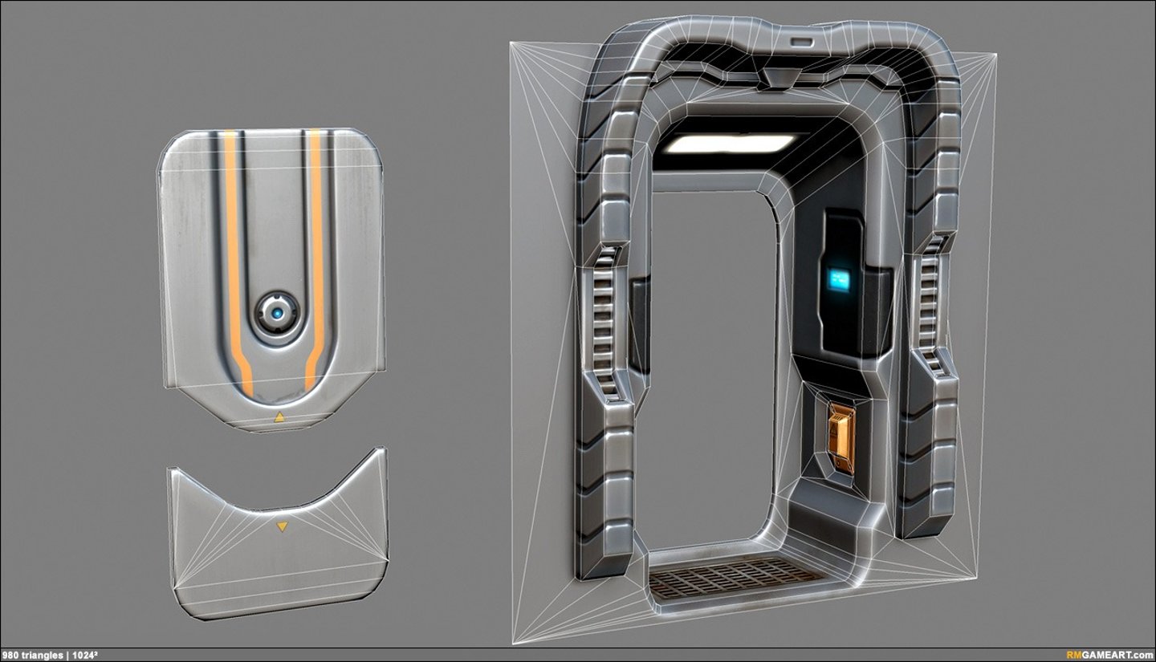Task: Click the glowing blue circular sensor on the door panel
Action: [277, 313]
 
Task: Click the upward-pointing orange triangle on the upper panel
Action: [279, 417]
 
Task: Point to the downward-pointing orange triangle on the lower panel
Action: [281, 527]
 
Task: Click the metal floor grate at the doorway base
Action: [732, 577]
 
